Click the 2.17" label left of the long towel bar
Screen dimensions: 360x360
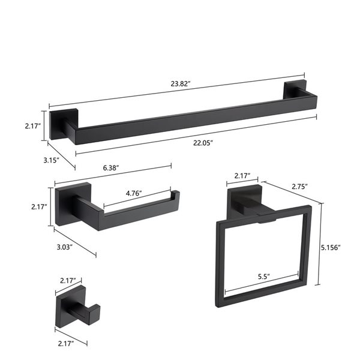click(x=31, y=125)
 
